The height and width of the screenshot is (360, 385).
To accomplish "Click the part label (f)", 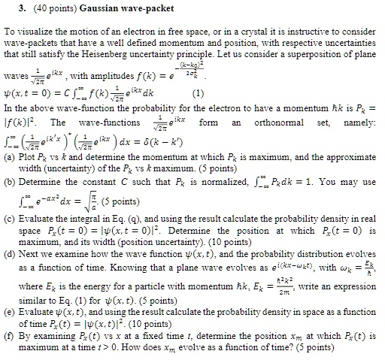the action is tap(11, 347).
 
